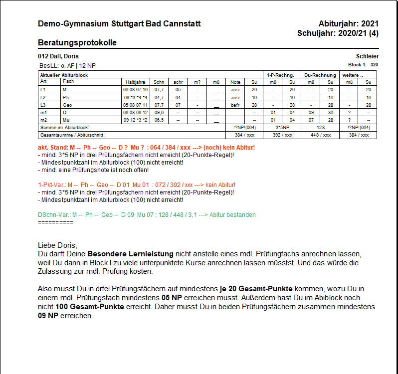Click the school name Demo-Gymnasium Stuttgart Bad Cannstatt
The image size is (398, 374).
(119, 24)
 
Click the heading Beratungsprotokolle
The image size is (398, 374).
(77, 43)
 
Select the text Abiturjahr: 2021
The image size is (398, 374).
(348, 24)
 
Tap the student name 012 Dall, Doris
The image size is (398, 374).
(58, 56)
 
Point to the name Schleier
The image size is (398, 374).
(367, 56)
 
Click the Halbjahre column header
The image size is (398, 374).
(136, 82)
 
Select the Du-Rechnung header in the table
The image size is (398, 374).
(320, 75)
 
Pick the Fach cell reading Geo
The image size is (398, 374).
(67, 105)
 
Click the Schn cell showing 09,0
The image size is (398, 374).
(159, 113)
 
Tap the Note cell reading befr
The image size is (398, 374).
(235, 105)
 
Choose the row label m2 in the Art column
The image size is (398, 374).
(43, 120)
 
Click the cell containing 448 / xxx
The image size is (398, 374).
(320, 135)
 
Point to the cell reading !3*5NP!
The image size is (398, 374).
(282, 128)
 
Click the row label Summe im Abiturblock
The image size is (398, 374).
(64, 128)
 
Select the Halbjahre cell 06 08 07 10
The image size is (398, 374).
(136, 89)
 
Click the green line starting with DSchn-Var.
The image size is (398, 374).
(147, 215)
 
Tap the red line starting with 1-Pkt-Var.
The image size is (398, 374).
(136, 185)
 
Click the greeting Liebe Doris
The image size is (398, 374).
(57, 245)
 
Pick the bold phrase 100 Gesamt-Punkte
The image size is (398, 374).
(96, 307)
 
